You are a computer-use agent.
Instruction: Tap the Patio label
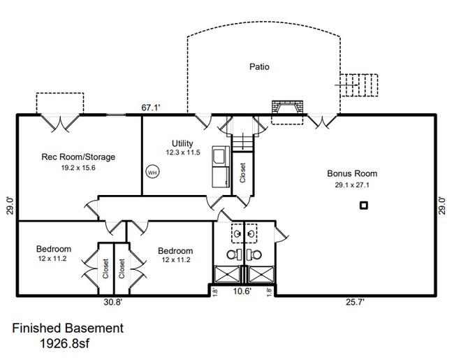[259, 67]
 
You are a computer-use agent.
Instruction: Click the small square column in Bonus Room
[363, 205]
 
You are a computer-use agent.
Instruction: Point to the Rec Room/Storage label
[78, 157]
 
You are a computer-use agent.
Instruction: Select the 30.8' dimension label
[112, 302]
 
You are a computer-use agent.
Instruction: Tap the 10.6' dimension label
[242, 291]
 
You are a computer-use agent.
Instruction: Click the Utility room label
[182, 143]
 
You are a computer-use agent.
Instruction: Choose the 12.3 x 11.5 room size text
[182, 152]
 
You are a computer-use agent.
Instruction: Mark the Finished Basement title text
[68, 328]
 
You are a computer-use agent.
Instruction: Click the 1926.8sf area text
[68, 343]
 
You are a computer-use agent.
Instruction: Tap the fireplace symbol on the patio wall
[288, 108]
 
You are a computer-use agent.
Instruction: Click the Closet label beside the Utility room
[242, 173]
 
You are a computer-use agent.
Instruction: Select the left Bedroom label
[54, 249]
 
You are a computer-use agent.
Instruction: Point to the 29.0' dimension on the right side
[441, 208]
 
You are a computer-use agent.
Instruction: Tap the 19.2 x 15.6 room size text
[78, 168]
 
